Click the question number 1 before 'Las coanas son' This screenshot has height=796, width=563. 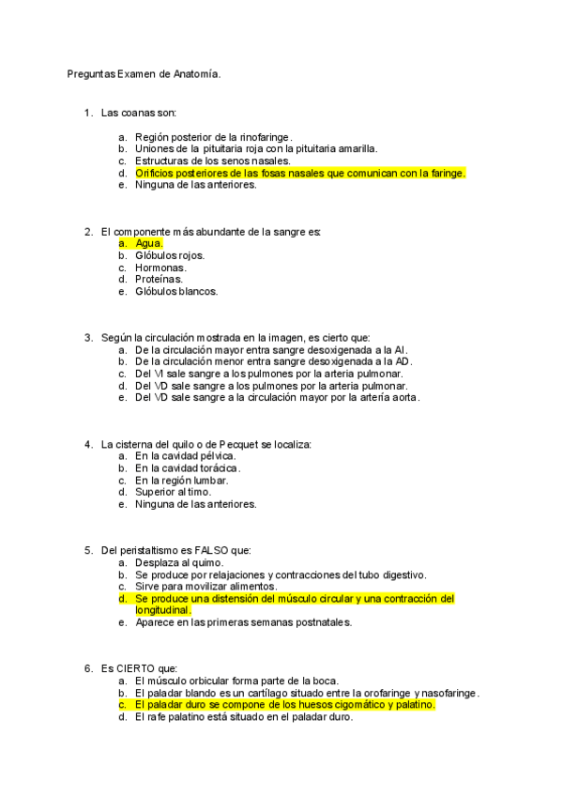[x=87, y=113]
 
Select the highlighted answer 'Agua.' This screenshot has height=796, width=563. [x=149, y=243]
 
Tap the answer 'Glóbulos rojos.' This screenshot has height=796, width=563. [x=170, y=255]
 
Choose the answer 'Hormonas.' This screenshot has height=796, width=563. [x=160, y=268]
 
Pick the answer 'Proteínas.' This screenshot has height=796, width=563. [x=160, y=280]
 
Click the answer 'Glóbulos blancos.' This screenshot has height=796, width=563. [x=176, y=292]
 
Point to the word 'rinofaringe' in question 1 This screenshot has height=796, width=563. [x=266, y=137]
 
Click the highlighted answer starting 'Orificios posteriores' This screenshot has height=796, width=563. [x=300, y=173]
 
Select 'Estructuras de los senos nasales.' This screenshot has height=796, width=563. [x=212, y=161]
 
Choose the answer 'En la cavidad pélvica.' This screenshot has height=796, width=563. [x=185, y=456]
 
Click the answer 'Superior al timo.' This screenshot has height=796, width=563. [x=174, y=492]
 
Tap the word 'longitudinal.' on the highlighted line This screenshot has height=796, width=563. [x=163, y=610]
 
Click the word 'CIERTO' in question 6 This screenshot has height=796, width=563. [x=136, y=668]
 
